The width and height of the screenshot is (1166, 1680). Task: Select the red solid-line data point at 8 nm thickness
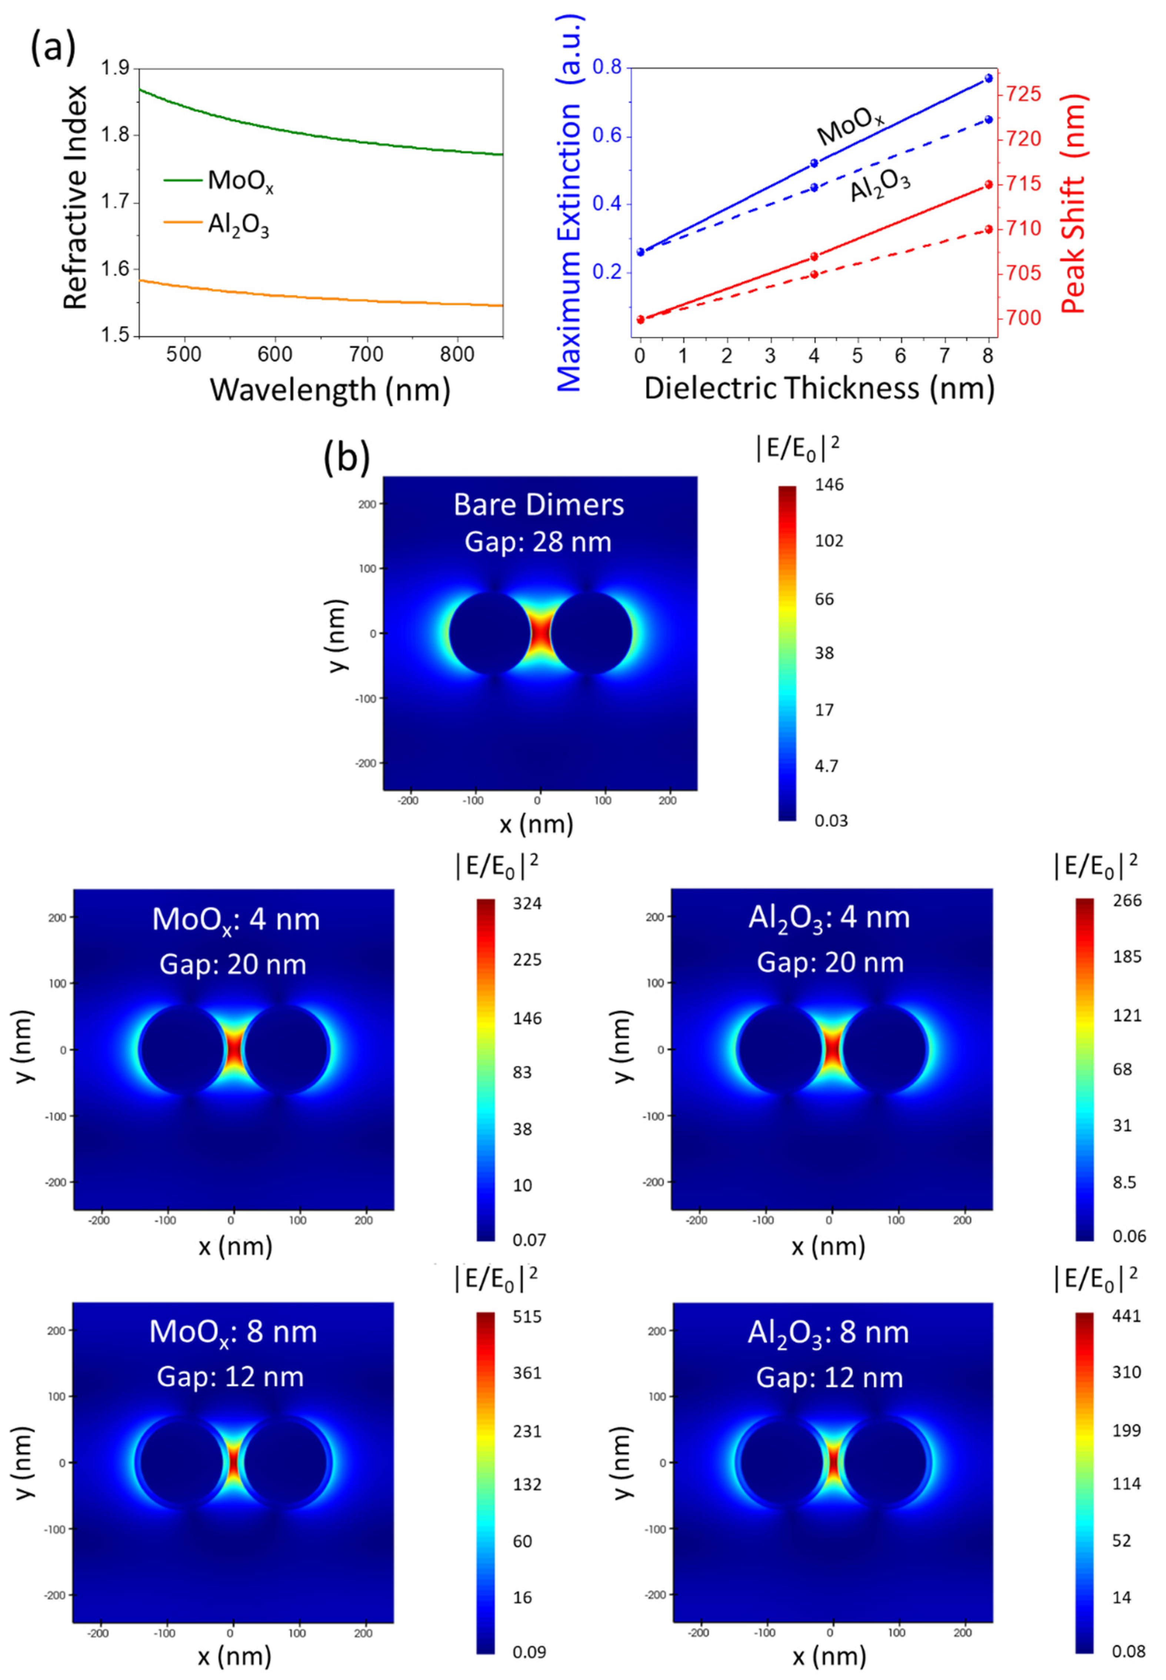(989, 185)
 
